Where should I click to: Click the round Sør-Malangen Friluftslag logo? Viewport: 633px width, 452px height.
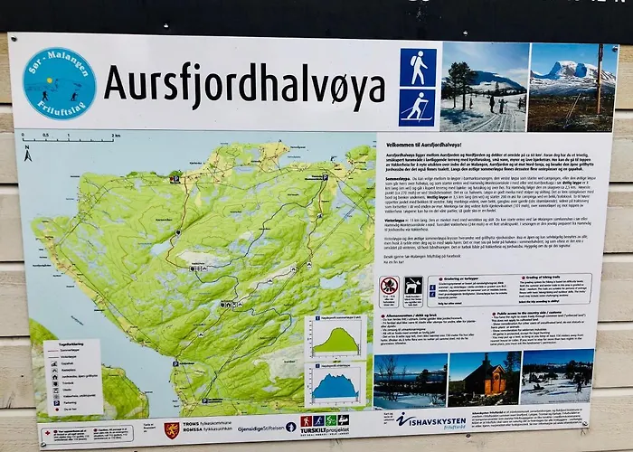coord(59,83)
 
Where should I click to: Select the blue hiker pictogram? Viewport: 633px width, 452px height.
coord(418,67)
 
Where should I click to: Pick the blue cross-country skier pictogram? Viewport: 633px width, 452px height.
coord(418,108)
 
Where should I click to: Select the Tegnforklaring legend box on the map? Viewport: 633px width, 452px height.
coord(71,376)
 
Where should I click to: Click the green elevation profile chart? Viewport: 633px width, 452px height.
coord(335,336)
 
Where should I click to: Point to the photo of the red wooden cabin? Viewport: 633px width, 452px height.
coord(484,380)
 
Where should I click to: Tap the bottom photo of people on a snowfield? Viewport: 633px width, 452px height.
coord(557,376)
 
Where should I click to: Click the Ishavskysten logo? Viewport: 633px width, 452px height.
coord(431,420)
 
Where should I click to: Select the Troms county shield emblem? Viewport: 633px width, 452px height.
coord(172,429)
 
